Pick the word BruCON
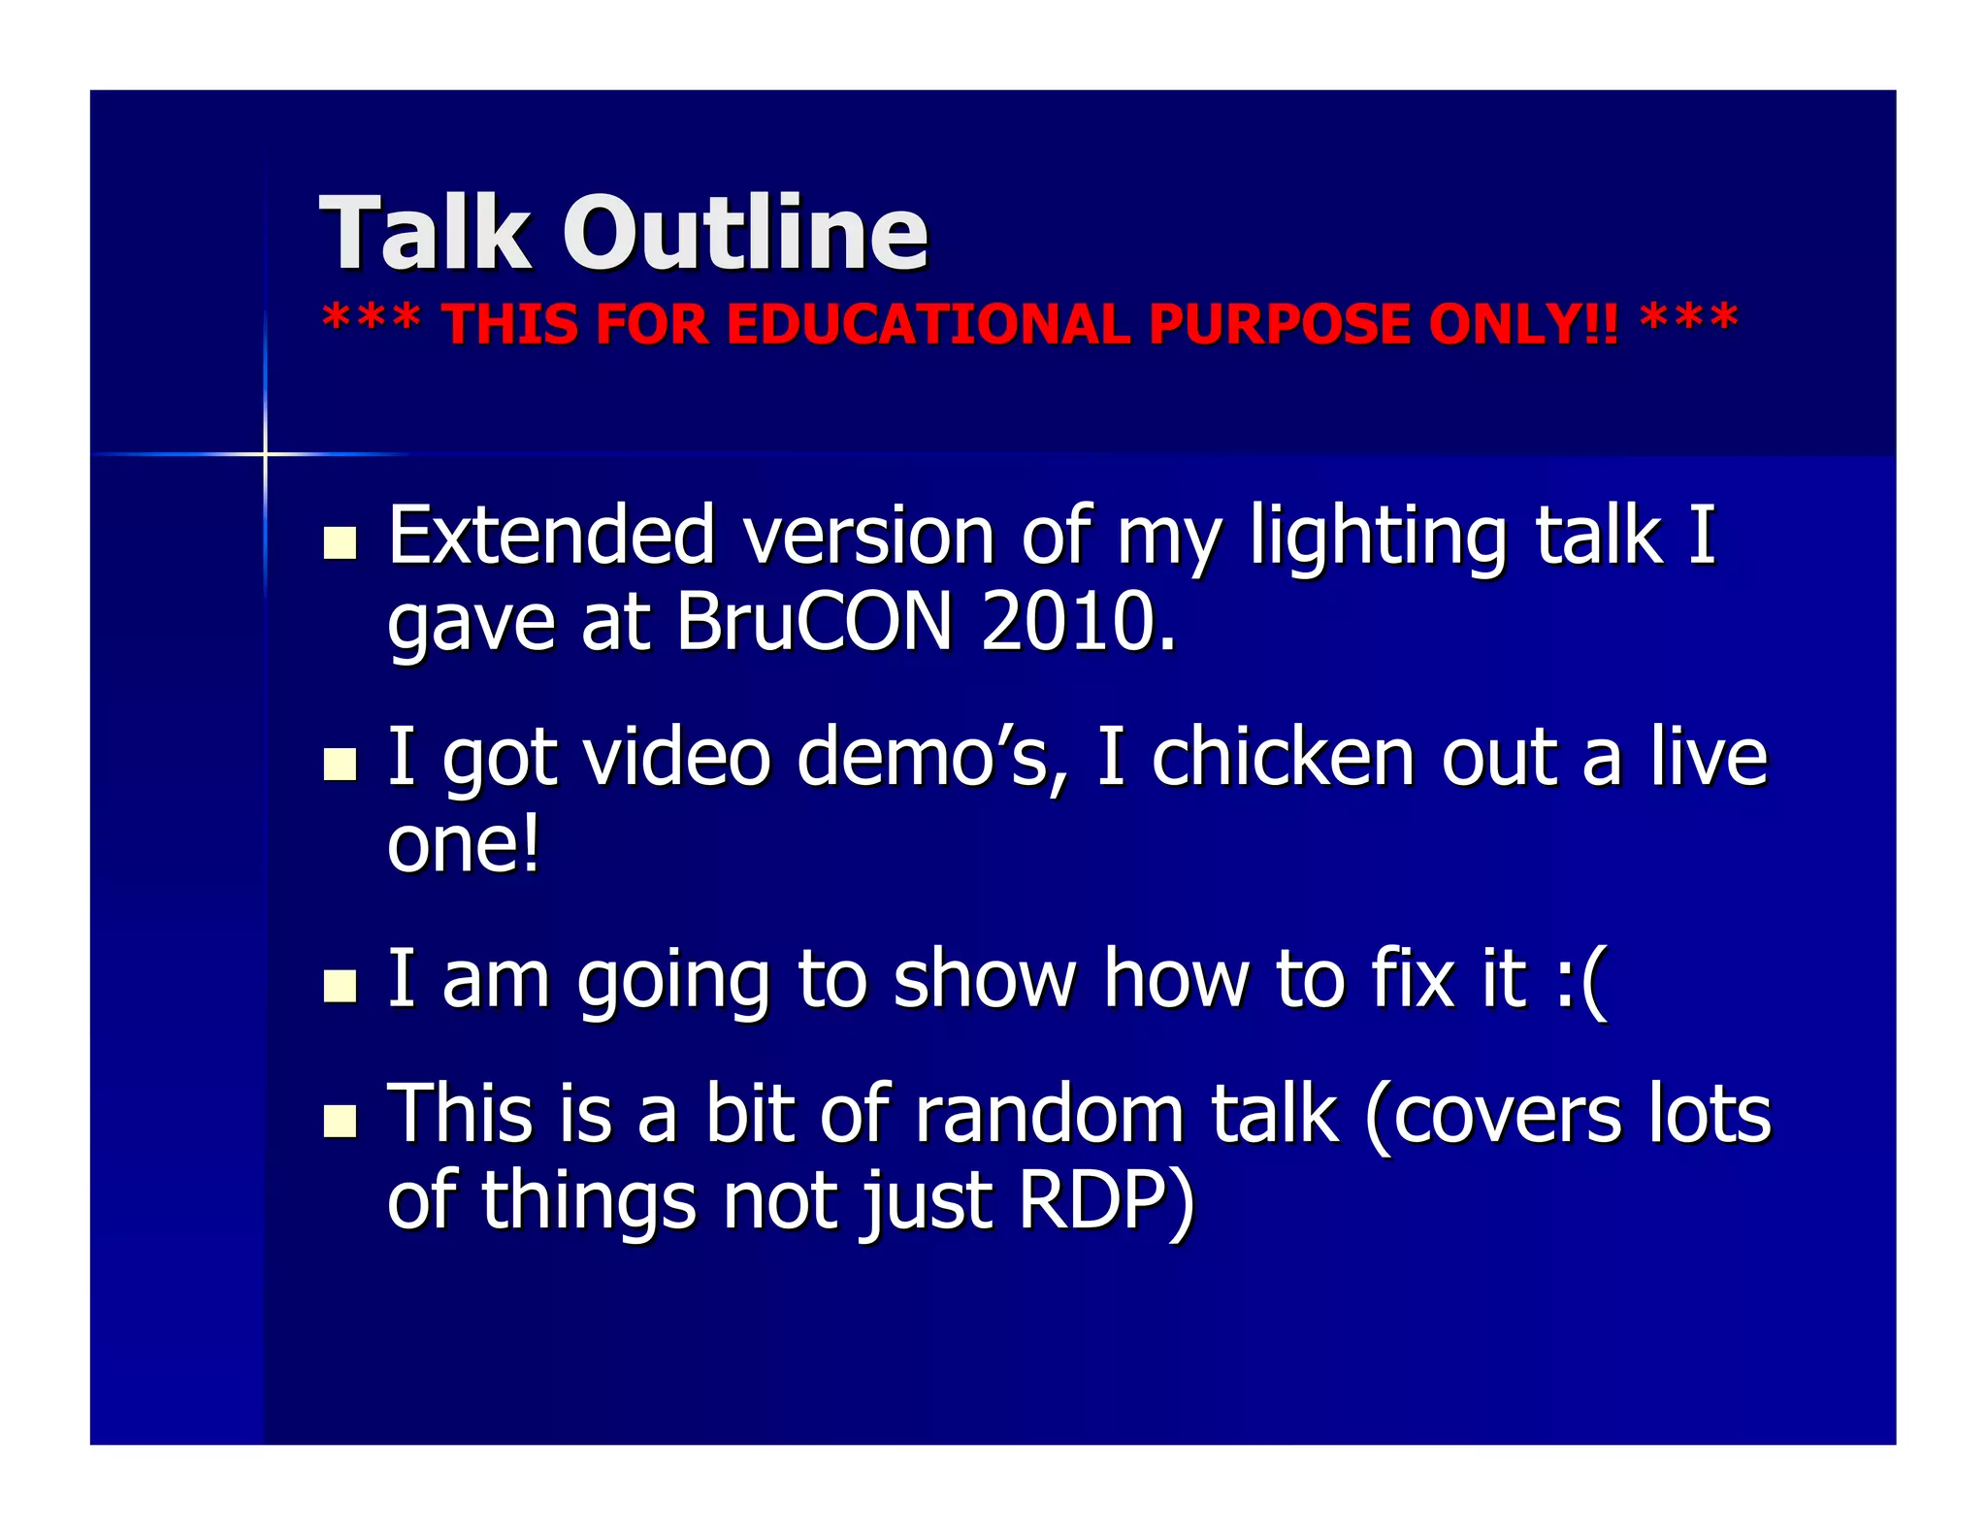click(815, 621)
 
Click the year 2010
click(1077, 621)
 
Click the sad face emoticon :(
click(1580, 980)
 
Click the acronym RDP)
click(1106, 1201)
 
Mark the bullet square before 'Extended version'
click(340, 542)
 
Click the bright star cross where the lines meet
click(265, 453)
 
